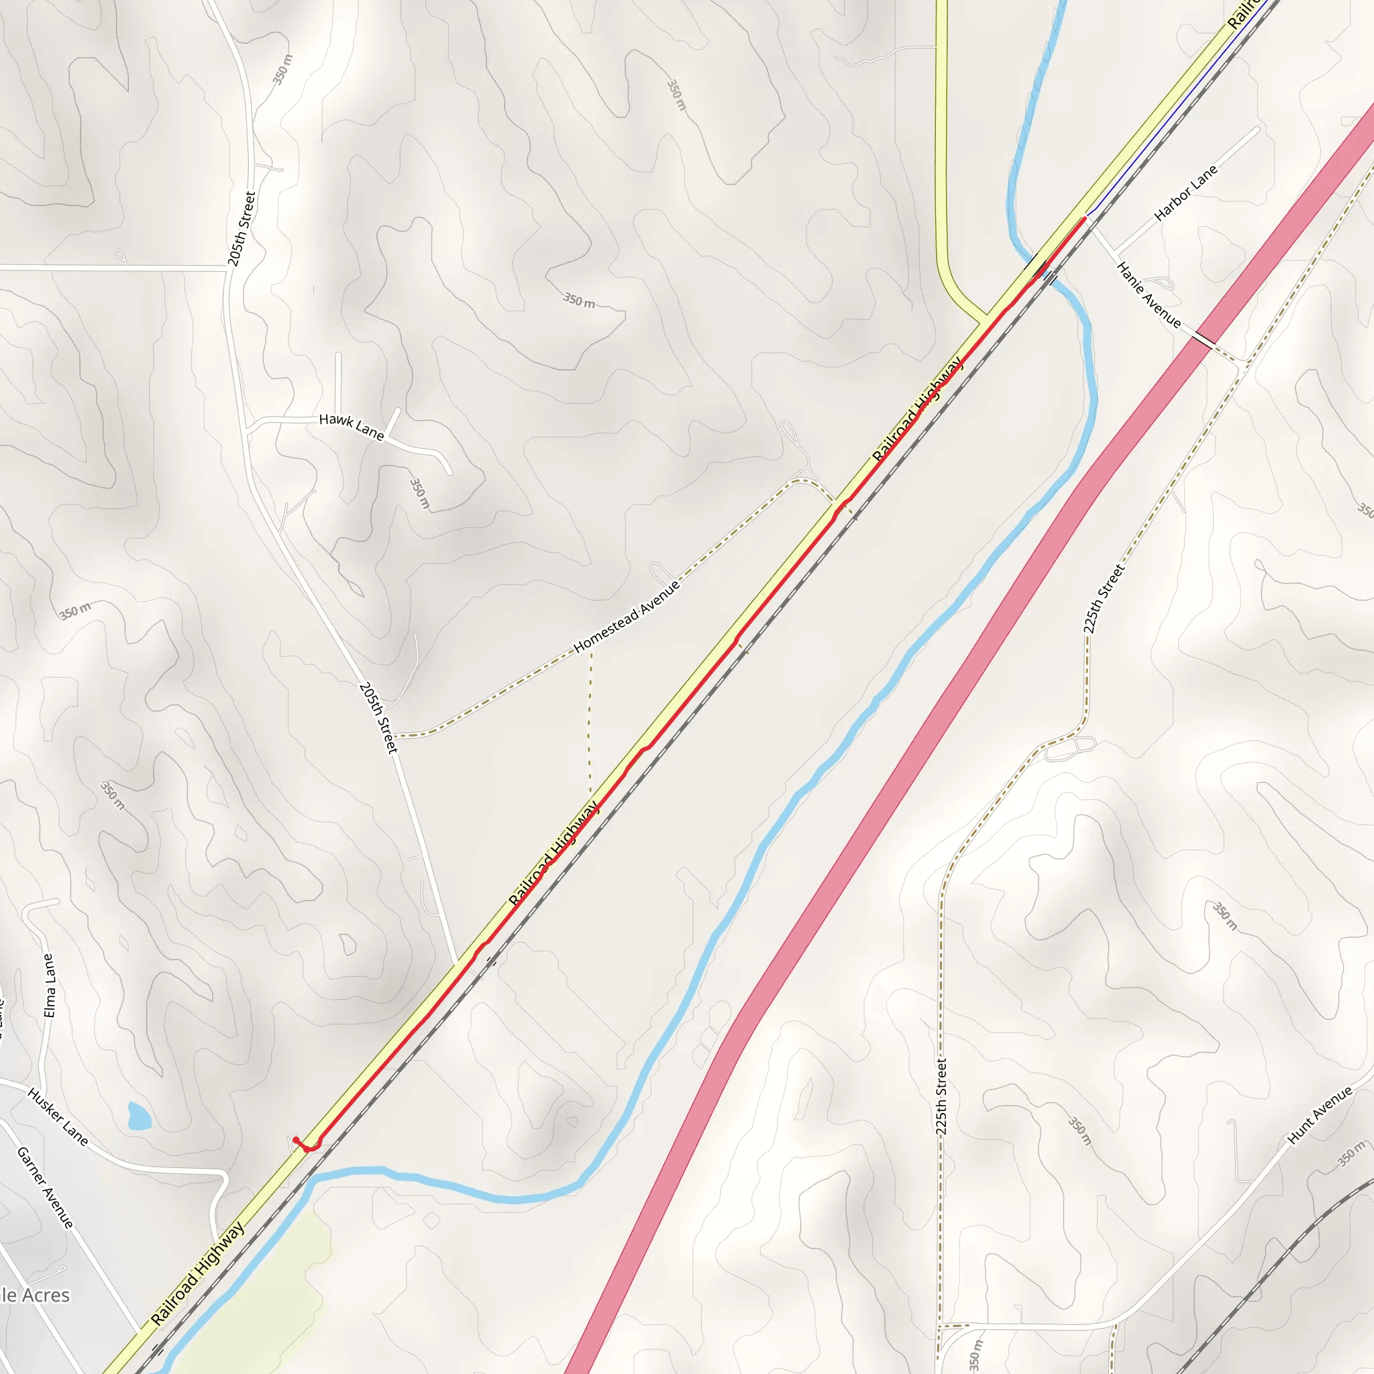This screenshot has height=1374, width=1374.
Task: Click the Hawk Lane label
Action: coord(352,426)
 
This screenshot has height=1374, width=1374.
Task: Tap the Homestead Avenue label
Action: coord(627,616)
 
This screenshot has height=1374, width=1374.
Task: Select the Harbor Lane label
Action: coord(1185,193)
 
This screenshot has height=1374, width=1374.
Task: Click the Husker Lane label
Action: coord(58,1117)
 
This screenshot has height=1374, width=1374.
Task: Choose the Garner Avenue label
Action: coord(45,1187)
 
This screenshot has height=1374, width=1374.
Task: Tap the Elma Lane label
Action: coord(49,985)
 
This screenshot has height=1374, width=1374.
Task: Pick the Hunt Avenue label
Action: coord(1320,1116)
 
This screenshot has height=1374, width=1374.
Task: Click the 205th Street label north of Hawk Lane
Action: coord(241,229)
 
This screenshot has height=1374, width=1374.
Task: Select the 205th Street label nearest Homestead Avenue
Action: coord(378,718)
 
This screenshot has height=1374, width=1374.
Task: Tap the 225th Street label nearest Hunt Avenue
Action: coord(941,1096)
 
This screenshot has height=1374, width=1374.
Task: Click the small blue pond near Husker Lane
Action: coord(139,1116)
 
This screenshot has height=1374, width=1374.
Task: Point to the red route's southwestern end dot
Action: coord(295,1140)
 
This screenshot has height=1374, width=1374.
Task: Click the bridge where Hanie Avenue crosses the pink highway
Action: coord(1206,341)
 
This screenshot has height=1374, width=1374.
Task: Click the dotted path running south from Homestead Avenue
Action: coord(590,719)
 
